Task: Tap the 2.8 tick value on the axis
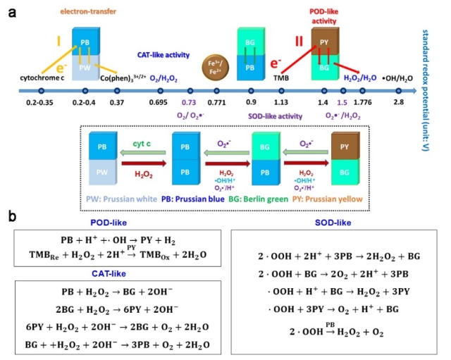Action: pos(399,103)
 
